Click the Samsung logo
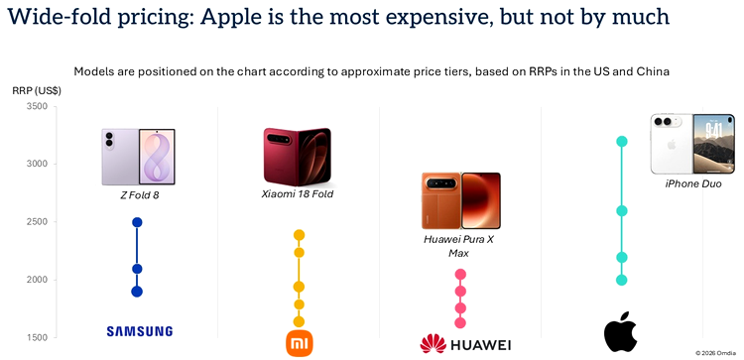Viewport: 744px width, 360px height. point(140,331)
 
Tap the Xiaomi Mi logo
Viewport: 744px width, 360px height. point(300,343)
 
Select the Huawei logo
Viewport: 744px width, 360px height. point(465,344)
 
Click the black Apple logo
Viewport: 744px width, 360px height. point(620,331)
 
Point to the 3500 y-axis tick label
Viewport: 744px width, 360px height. point(38,106)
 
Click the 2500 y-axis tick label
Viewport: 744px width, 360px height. point(38,221)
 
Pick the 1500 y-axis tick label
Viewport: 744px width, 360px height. point(38,338)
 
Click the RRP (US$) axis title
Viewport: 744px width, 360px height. point(37,90)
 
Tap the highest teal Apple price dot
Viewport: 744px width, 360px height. point(622,142)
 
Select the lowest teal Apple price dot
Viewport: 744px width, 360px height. point(622,280)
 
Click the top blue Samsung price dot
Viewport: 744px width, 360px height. point(137,222)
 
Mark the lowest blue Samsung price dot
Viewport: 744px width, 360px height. point(137,292)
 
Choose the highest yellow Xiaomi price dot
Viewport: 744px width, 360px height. point(299,235)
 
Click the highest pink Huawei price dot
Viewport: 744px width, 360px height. point(460,274)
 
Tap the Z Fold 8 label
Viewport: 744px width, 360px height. point(139,194)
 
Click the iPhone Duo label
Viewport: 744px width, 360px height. point(693,184)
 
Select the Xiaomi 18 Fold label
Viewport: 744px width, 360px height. point(298,194)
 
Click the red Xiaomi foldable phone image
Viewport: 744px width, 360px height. point(298,157)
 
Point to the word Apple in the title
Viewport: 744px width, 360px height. point(227,17)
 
